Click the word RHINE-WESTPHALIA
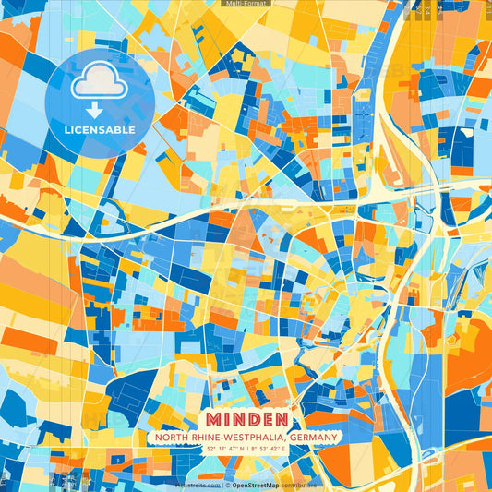click(230, 437)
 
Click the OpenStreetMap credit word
click(256, 484)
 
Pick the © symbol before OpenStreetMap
click(226, 484)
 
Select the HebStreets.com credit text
click(198, 484)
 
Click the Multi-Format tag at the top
click(246, 4)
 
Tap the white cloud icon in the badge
click(99, 80)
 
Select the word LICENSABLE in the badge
click(99, 130)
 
